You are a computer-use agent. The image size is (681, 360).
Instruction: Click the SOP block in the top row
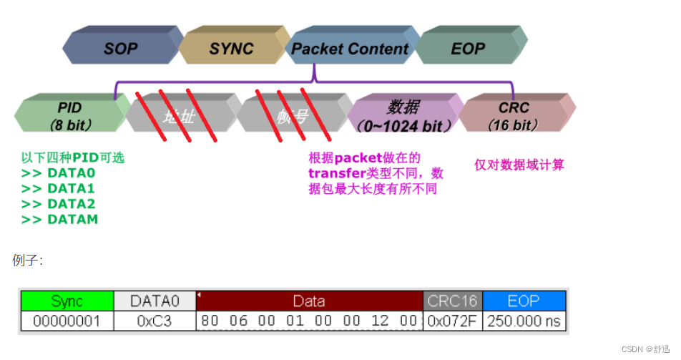click(x=120, y=49)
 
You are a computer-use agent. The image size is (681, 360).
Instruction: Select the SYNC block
click(x=231, y=49)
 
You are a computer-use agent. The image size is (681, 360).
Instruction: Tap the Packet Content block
click(x=350, y=49)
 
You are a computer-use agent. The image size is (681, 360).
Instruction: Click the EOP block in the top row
click(x=468, y=49)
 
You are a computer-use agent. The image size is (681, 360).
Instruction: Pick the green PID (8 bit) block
click(x=70, y=115)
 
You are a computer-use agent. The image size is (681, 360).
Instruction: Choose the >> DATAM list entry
click(x=59, y=219)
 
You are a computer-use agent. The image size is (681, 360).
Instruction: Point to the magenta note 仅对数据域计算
click(x=519, y=165)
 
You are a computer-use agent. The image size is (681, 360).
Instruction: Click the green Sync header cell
click(x=67, y=301)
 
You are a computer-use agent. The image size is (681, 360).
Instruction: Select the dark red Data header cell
click(x=309, y=301)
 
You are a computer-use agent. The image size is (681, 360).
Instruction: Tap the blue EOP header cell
click(x=524, y=301)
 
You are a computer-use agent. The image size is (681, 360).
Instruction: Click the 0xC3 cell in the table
click(x=155, y=321)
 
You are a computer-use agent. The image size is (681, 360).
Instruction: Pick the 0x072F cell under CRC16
click(x=453, y=321)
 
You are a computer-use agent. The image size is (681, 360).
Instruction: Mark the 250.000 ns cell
click(x=524, y=321)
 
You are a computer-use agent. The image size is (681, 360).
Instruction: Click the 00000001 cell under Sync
click(x=67, y=321)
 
